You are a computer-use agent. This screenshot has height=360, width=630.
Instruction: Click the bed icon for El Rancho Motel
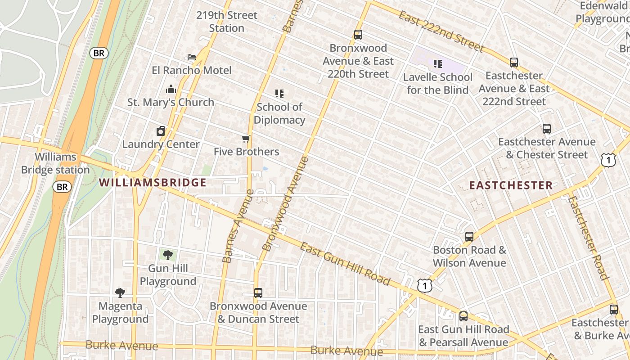coord(192,57)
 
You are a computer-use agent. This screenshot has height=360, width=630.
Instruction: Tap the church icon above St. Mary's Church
coord(171,89)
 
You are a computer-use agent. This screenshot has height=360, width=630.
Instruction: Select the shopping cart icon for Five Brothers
coord(246,139)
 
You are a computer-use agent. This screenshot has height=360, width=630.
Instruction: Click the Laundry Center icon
coord(161,131)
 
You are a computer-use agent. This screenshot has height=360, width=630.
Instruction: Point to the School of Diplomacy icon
coord(279,94)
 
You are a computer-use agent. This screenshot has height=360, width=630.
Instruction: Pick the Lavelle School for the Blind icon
coord(437,64)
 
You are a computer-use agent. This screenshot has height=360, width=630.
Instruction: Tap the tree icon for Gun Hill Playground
coord(167,255)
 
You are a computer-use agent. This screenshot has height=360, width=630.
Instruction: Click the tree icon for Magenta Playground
coord(120,293)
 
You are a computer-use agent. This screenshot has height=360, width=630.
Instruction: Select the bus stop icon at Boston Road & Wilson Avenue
coord(469,236)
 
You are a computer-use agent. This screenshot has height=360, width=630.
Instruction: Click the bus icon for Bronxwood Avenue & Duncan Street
coord(258,293)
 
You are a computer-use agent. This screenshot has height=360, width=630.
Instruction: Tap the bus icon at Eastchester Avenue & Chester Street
coord(547,129)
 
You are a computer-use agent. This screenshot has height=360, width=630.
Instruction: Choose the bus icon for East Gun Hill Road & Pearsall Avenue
coord(463,316)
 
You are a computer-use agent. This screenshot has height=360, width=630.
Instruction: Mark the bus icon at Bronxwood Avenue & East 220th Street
coord(358,35)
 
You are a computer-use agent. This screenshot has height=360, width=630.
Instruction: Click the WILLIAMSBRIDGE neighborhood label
coord(153,183)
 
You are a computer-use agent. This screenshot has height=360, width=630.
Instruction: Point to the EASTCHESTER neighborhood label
coord(511,185)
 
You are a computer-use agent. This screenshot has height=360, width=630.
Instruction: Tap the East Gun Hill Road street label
coord(345,264)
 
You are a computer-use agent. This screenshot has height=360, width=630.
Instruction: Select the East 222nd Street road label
coord(441,31)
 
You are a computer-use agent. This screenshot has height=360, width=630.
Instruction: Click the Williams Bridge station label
coord(55,163)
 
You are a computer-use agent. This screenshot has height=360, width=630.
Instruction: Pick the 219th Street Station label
coord(226,22)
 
